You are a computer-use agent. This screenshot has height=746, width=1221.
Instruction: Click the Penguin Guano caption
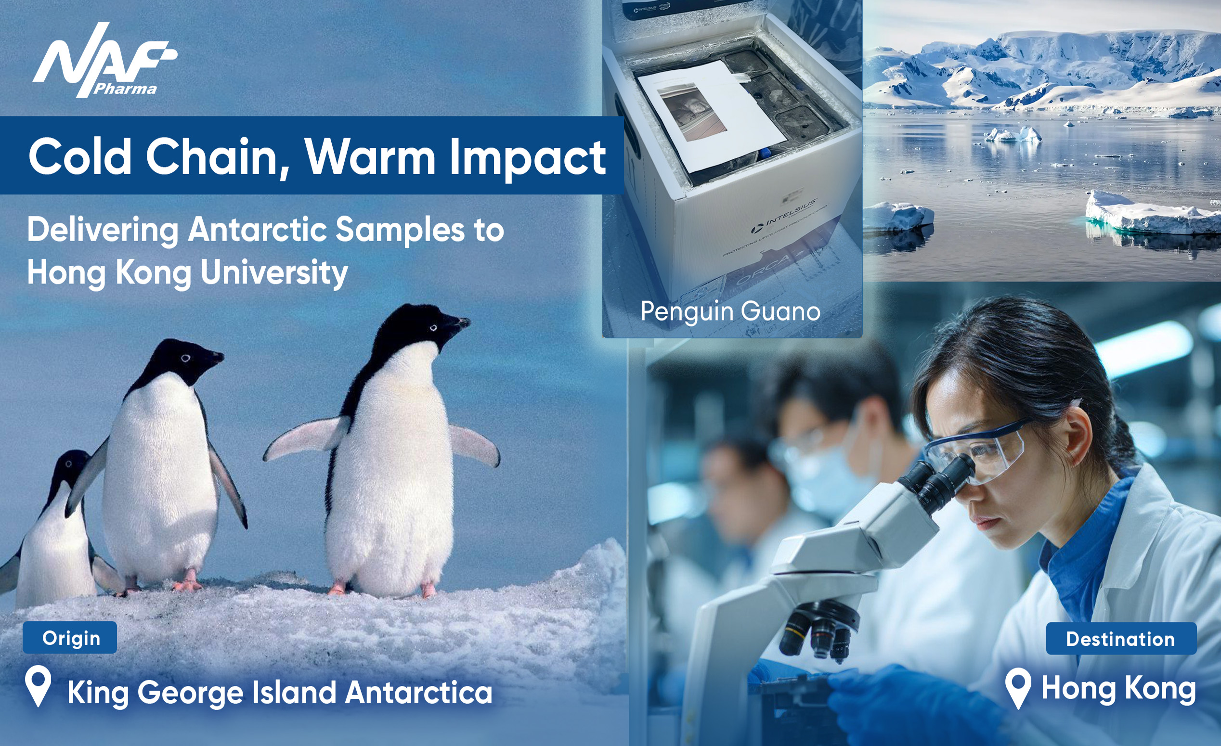(x=730, y=311)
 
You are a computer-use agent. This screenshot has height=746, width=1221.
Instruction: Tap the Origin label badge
(x=70, y=638)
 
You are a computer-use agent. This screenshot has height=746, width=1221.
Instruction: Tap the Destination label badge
(x=1120, y=639)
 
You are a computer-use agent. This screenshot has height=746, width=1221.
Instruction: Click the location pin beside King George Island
(x=38, y=685)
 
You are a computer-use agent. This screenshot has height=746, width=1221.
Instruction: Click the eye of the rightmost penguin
(x=433, y=327)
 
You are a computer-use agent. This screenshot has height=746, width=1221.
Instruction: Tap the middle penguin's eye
(x=185, y=358)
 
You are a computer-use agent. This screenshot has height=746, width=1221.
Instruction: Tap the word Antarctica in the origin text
(x=419, y=692)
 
